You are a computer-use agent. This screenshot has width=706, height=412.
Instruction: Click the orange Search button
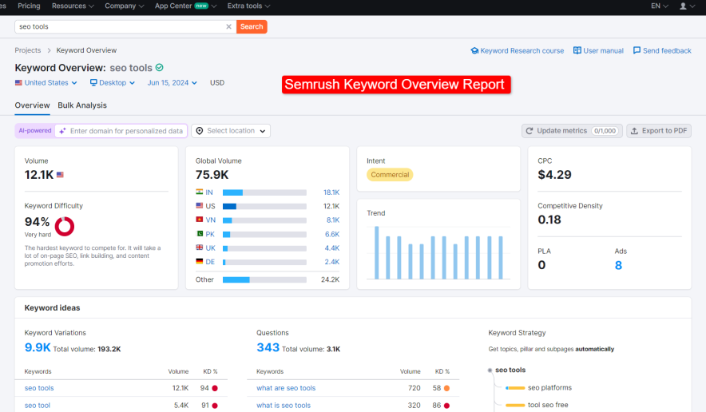(252, 26)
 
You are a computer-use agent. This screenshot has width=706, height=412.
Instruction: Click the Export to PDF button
(658, 131)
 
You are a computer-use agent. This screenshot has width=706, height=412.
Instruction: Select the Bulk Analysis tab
(82, 105)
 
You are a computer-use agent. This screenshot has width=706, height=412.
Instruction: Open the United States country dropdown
(46, 83)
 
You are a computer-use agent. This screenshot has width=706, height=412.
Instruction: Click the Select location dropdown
(231, 131)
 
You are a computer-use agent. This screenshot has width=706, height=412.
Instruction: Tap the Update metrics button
(571, 131)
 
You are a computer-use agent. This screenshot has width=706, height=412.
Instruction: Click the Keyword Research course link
(517, 50)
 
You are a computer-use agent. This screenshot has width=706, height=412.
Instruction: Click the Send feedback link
(662, 50)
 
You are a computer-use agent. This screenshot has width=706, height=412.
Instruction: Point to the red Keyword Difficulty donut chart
(65, 226)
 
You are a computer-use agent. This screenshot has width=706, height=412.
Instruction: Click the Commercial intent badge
(390, 175)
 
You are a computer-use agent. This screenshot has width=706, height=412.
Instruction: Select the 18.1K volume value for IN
(331, 192)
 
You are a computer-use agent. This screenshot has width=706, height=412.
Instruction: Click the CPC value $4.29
(554, 175)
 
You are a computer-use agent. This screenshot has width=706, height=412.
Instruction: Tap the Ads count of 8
(618, 265)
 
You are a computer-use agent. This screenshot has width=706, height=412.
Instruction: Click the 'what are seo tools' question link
(286, 388)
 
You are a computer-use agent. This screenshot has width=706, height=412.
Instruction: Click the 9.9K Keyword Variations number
(38, 347)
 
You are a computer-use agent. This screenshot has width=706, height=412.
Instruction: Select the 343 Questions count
(268, 347)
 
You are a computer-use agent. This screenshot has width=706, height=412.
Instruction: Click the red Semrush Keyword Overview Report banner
(395, 85)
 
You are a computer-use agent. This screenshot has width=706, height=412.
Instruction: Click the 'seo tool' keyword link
(38, 406)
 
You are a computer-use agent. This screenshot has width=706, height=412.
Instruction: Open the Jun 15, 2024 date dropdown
(173, 83)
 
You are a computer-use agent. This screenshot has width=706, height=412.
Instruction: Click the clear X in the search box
(228, 26)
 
